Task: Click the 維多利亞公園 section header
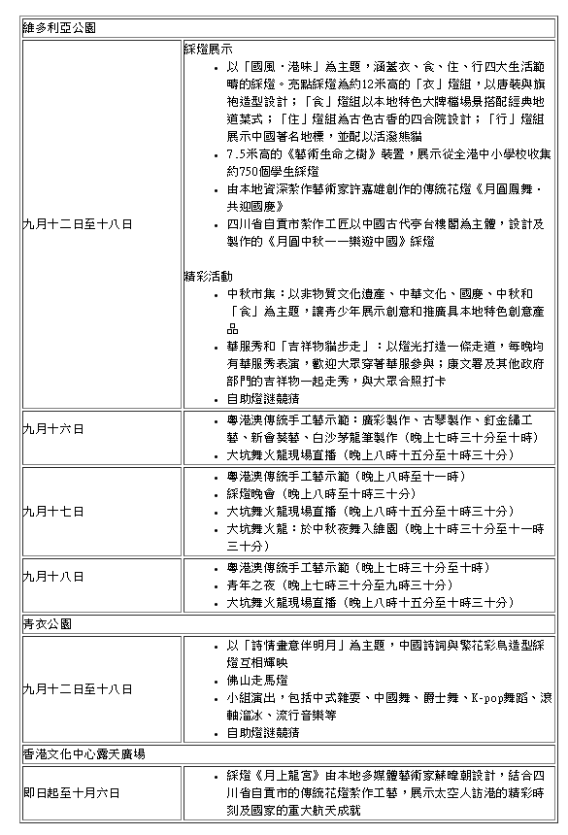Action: [60, 28]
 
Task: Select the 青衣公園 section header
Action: [48, 623]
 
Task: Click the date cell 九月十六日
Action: [53, 428]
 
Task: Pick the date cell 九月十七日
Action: [53, 511]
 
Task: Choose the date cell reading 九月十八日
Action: [53, 576]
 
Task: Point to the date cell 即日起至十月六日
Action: [72, 793]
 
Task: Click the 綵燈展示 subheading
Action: [208, 48]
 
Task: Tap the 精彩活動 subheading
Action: [208, 276]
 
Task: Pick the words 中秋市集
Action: [251, 293]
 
